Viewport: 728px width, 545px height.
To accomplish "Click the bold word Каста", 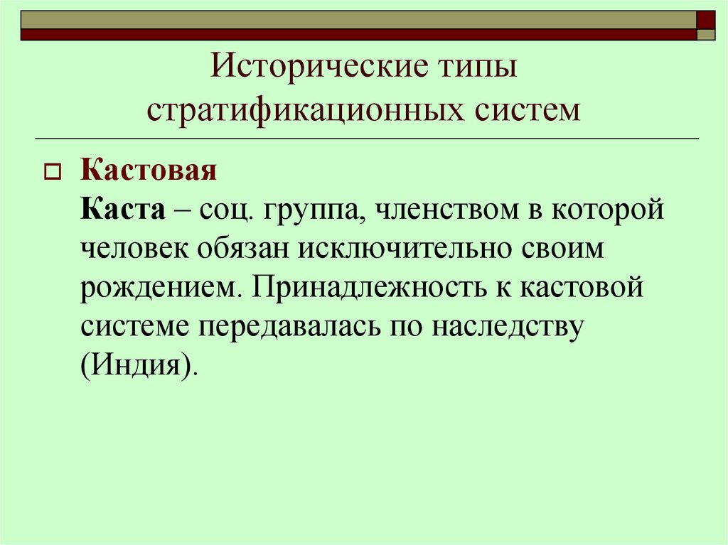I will pos(122,211).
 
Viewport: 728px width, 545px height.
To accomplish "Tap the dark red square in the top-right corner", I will pos(706,18).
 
